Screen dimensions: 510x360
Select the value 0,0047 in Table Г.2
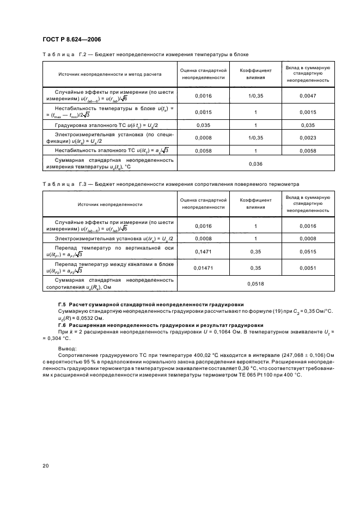click(307, 95)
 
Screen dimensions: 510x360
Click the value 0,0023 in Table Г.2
click(307, 138)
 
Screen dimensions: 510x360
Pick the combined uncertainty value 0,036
click(255, 163)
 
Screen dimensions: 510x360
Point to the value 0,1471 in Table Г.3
click(202, 251)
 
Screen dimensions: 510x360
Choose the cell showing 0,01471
click(202, 268)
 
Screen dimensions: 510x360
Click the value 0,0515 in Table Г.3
click(307, 251)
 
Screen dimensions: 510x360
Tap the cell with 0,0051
click(307, 268)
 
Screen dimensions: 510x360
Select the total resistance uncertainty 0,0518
click(255, 284)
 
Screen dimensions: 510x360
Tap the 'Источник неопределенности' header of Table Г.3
click(109, 204)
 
